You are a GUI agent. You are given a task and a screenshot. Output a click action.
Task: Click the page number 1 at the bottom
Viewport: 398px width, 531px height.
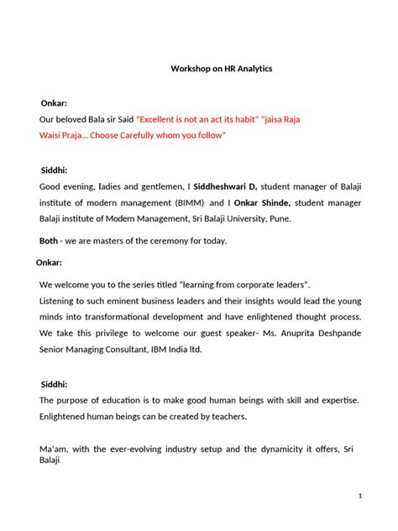[x=360, y=497]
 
